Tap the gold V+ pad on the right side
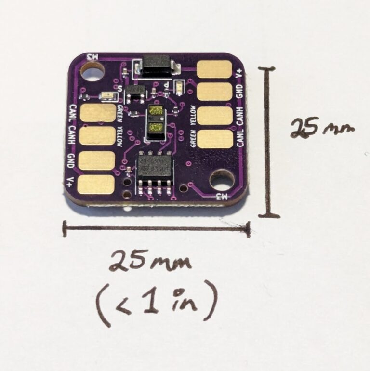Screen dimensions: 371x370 pyautogui.click(x=215, y=69)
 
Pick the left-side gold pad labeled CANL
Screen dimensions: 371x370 pyautogui.click(x=98, y=113)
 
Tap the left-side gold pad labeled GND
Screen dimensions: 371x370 pyautogui.click(x=97, y=160)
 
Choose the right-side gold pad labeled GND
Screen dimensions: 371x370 pyautogui.click(x=215, y=92)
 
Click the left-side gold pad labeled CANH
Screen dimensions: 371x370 pyautogui.click(x=97, y=136)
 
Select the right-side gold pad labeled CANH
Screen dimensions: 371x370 pyautogui.click(x=215, y=116)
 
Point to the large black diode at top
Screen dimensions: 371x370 pyautogui.click(x=154, y=65)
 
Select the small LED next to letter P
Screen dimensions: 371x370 pyautogui.click(x=179, y=87)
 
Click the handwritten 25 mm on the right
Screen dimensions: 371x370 pyautogui.click(x=322, y=128)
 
